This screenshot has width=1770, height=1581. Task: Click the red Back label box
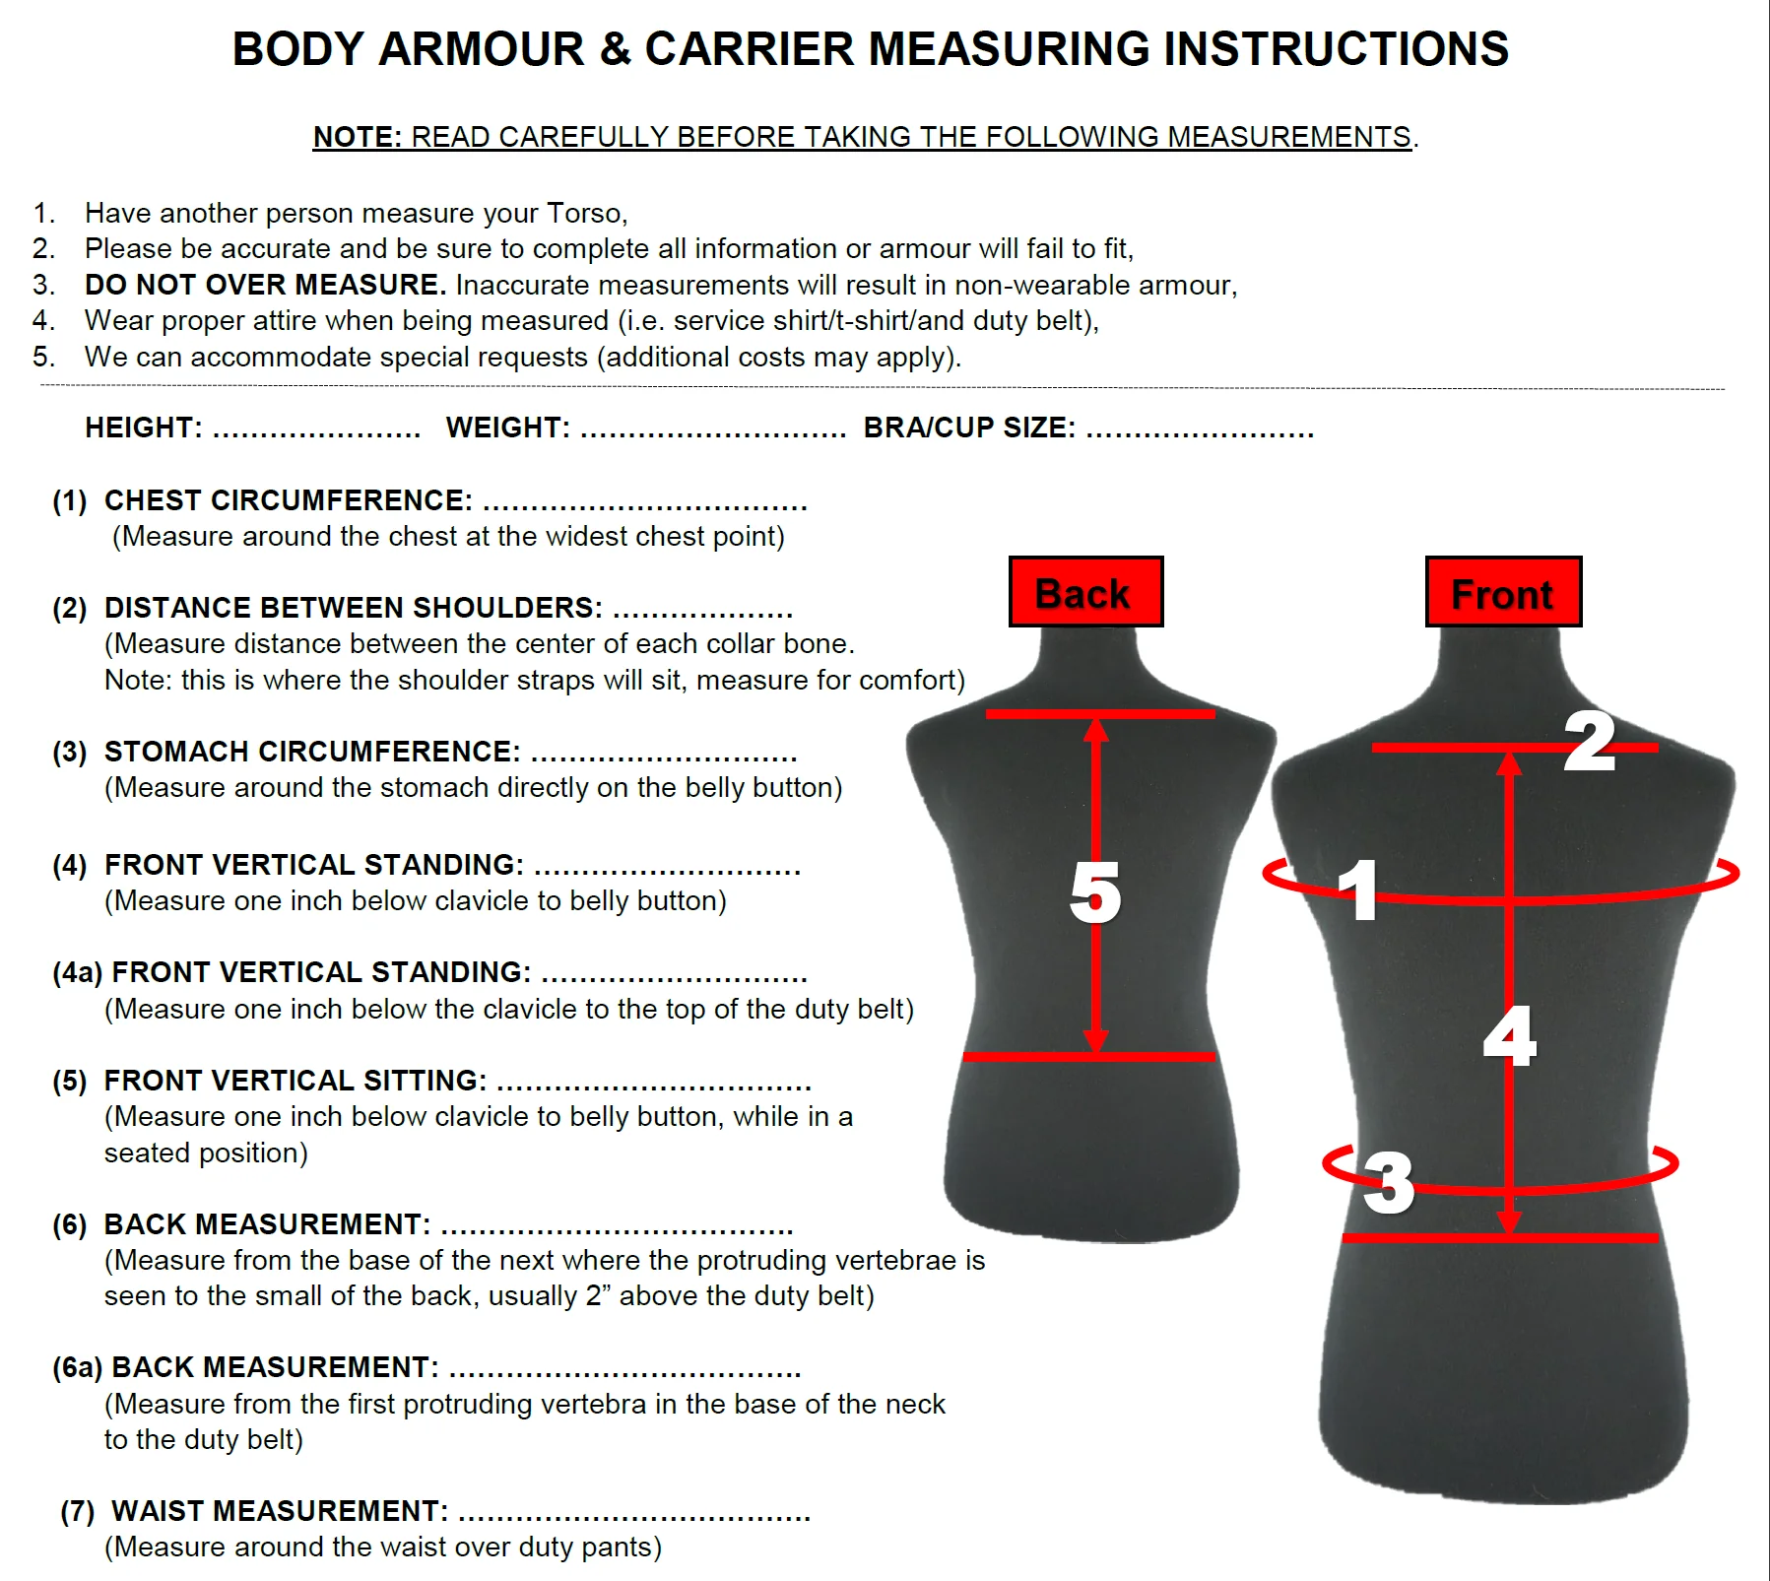(x=1085, y=591)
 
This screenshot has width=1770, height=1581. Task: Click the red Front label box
(x=1503, y=591)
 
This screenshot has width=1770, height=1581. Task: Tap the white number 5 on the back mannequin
(x=1095, y=892)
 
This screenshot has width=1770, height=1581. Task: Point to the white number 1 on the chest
(x=1361, y=889)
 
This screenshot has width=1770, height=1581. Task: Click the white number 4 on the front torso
(x=1510, y=1035)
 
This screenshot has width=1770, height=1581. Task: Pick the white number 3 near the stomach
(x=1389, y=1182)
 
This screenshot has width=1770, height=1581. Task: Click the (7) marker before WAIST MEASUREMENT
(x=78, y=1511)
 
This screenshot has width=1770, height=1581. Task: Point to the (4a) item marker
(x=78, y=972)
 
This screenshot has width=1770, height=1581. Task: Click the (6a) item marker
(x=78, y=1367)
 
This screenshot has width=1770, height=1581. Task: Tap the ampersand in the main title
(x=615, y=48)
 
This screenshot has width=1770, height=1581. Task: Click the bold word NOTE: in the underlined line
(x=358, y=137)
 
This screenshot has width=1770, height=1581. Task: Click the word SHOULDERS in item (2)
(x=507, y=608)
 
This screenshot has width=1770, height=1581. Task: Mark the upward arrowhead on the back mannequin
(x=1096, y=729)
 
